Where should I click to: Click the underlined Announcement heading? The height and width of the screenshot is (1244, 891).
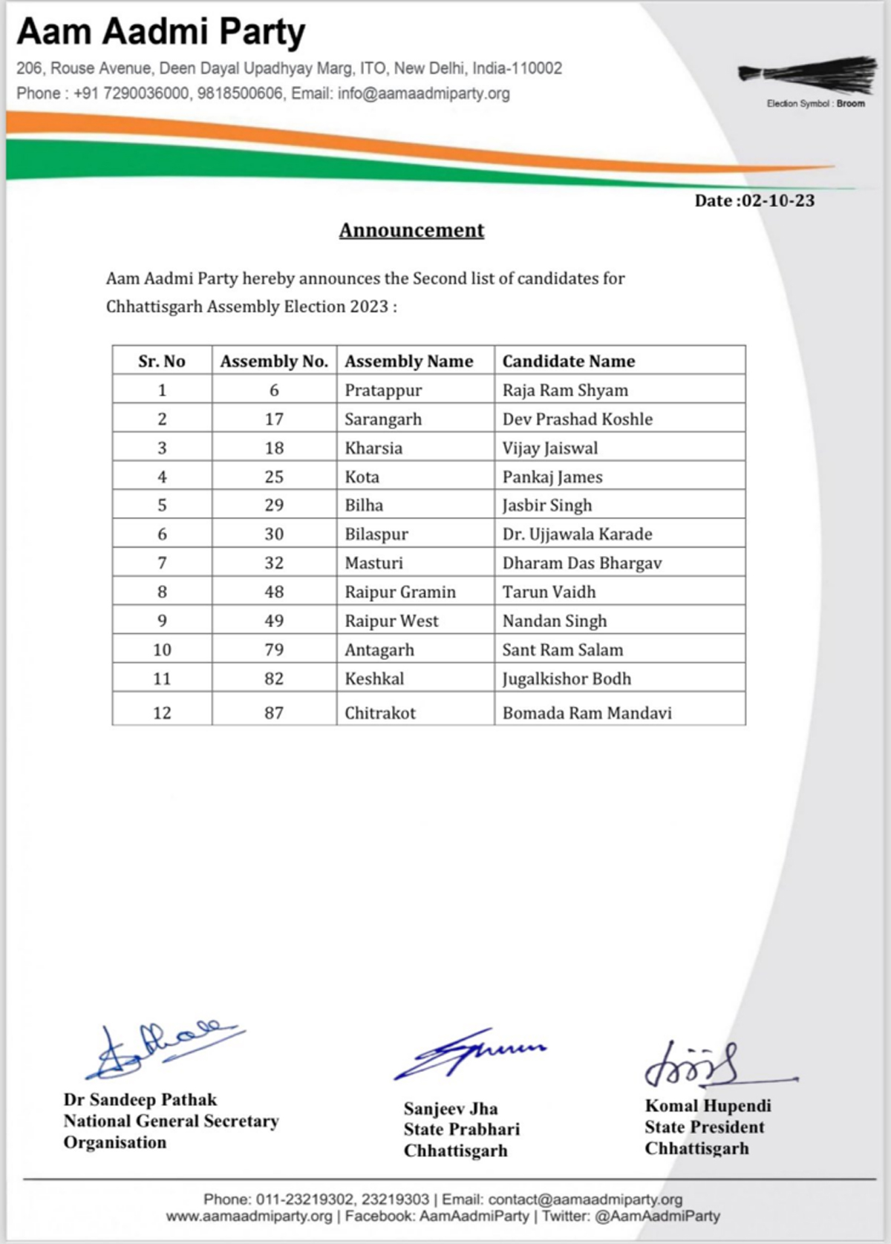point(411,230)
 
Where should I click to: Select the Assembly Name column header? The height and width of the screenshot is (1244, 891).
point(408,361)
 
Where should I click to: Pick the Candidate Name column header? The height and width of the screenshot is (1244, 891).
point(569,361)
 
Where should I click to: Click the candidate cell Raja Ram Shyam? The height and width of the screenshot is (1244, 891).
point(565,390)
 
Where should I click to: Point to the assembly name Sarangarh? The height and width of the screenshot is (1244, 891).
point(383,419)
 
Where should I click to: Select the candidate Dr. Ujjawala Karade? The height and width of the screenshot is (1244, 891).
point(577,534)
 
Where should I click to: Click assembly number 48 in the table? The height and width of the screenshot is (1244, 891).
point(274,592)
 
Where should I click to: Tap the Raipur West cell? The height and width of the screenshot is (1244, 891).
point(391,621)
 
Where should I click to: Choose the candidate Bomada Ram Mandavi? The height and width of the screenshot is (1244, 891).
point(587,713)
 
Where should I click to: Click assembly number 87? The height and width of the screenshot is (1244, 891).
point(274,713)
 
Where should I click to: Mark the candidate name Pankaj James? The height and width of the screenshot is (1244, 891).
point(552,477)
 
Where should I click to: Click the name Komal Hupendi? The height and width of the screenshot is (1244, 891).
point(708,1106)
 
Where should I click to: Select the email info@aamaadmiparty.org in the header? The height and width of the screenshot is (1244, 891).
point(423,94)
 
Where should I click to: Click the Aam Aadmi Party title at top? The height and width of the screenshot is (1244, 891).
point(161,32)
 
